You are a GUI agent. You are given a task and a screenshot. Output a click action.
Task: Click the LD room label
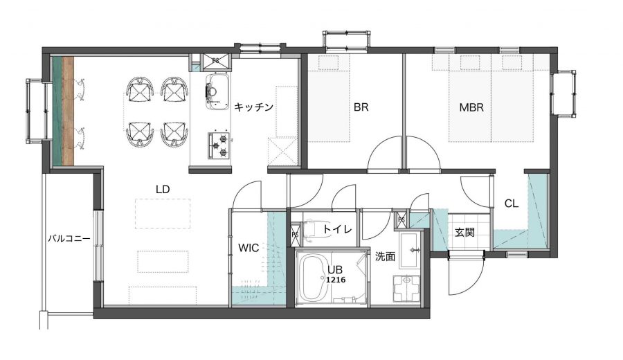pyautogui.click(x=163, y=190)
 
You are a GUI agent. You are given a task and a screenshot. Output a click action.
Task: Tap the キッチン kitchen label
pyautogui.click(x=253, y=107)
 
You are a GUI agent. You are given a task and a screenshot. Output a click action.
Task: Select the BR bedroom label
pyautogui.click(x=361, y=107)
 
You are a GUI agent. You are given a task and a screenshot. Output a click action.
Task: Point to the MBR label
pyautogui.click(x=471, y=107)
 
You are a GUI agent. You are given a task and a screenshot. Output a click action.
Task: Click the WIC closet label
pyautogui.click(x=249, y=248)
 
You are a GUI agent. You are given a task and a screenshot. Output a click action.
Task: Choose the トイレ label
pyautogui.click(x=337, y=229)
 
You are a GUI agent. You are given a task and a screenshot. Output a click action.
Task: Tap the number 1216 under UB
pyautogui.click(x=336, y=280)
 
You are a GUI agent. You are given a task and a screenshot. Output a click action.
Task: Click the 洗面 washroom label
pyautogui.click(x=385, y=257)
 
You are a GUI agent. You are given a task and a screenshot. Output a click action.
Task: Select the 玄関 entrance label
pyautogui.click(x=464, y=232)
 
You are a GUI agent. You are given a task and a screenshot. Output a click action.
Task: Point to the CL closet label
pyautogui.click(x=512, y=204)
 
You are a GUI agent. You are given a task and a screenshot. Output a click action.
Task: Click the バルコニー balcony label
pyautogui.click(x=69, y=239)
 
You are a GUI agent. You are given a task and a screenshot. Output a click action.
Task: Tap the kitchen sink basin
pyautogui.click(x=217, y=92)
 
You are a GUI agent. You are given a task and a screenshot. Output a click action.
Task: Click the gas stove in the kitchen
pyautogui.click(x=219, y=145)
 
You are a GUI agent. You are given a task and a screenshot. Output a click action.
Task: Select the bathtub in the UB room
pyautogui.click(x=313, y=278)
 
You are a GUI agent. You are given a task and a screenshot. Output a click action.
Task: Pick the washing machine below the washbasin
pyautogui.click(x=406, y=289)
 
